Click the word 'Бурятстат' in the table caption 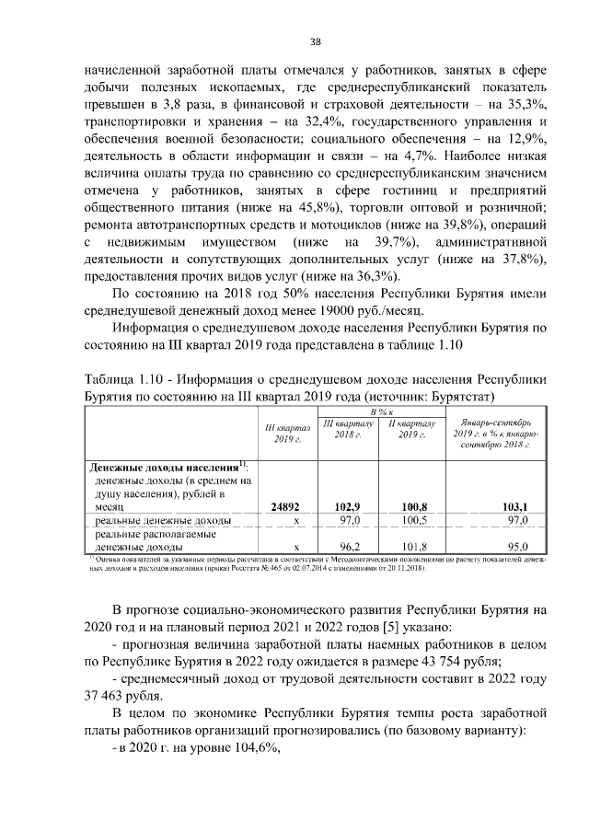tap(460, 397)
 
